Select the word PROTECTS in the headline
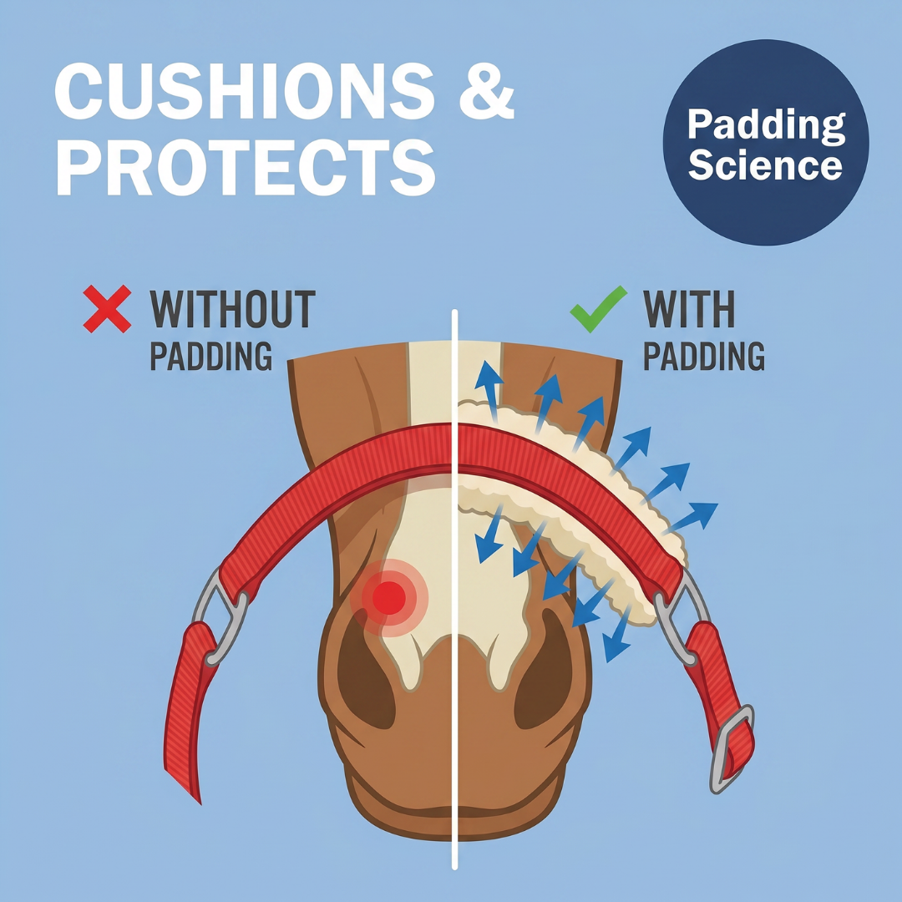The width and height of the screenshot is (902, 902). coord(246,167)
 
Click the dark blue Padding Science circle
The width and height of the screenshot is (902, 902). coord(766,142)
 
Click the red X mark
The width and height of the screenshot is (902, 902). coord(107,309)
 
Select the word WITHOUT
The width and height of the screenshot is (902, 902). coord(233,309)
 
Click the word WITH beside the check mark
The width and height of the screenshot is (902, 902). coord(689,309)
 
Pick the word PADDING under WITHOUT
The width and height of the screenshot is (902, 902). coord(211,356)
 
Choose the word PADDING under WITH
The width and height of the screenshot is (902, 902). coord(704,356)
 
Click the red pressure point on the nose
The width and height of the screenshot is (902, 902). coord(389,598)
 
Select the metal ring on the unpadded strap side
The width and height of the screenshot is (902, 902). coord(220,616)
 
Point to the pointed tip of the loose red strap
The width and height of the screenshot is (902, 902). coord(199,802)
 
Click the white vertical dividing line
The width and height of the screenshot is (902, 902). coord(454,590)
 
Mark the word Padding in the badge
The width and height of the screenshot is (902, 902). coord(766,124)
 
